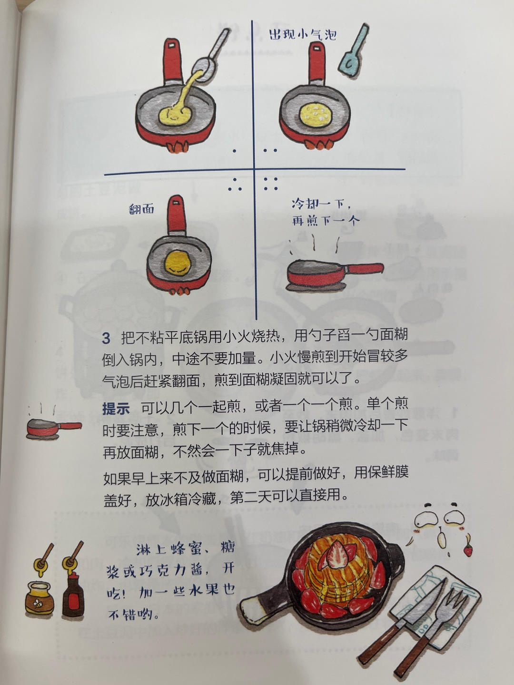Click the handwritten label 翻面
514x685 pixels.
point(142,209)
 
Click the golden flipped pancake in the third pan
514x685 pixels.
point(177,261)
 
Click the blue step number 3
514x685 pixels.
point(106,338)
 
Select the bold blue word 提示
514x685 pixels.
point(116,408)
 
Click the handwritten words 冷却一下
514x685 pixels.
point(321,205)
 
